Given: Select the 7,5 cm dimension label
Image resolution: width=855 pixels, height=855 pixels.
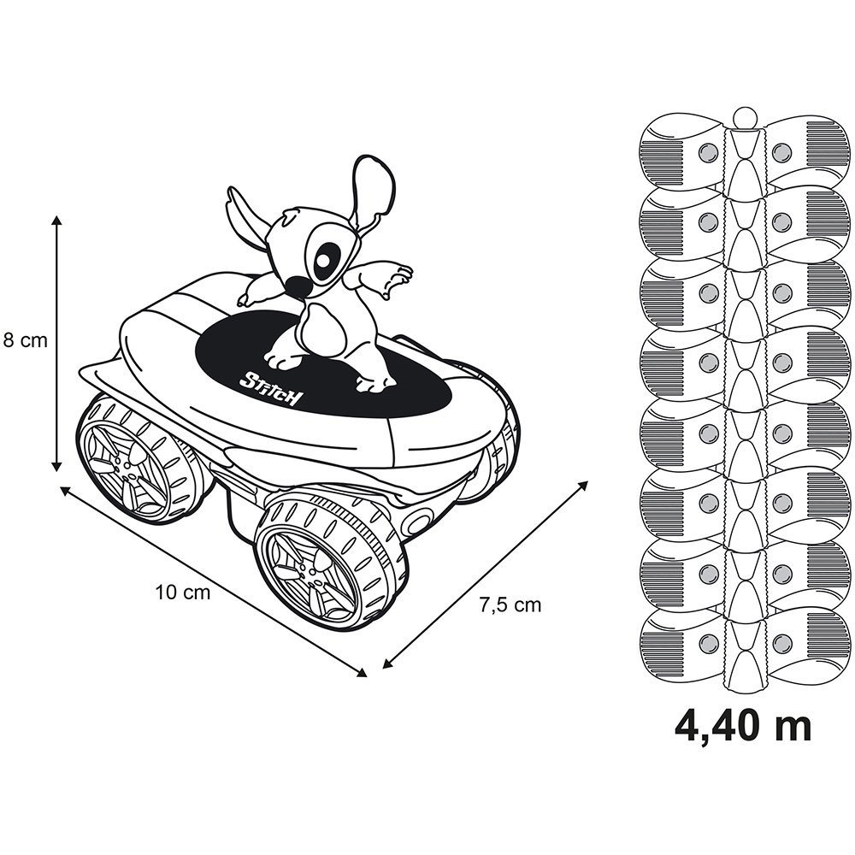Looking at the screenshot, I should tap(510, 605).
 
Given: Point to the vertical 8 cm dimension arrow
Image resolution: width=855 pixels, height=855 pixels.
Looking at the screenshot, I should tap(57, 343).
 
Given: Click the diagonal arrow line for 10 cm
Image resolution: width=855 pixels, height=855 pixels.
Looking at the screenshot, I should tap(214, 581).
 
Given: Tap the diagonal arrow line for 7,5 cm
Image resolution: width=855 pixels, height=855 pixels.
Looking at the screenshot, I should tap(485, 573).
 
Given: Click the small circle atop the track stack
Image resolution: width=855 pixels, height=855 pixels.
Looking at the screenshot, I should tap(745, 116).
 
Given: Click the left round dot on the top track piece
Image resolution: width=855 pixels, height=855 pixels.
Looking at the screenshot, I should tap(707, 151).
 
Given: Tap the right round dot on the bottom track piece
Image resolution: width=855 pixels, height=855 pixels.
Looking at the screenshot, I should tap(780, 640).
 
